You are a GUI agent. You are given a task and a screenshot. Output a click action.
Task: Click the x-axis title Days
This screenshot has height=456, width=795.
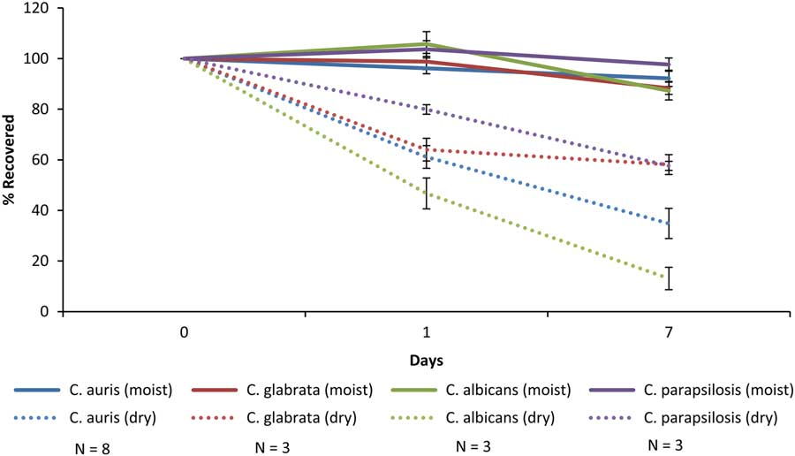click(426, 361)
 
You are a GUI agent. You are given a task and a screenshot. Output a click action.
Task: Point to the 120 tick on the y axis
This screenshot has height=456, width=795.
click(42, 8)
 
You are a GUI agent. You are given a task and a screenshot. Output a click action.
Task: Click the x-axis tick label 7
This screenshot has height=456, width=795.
click(668, 333)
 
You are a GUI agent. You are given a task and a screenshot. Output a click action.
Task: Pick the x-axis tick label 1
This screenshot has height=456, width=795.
click(426, 333)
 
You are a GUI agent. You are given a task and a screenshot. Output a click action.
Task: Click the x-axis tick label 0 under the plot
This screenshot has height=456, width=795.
click(184, 333)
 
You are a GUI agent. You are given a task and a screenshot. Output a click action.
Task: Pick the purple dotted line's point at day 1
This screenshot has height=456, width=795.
click(426, 110)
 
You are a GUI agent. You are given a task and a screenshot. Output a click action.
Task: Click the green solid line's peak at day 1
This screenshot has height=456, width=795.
click(426, 43)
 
